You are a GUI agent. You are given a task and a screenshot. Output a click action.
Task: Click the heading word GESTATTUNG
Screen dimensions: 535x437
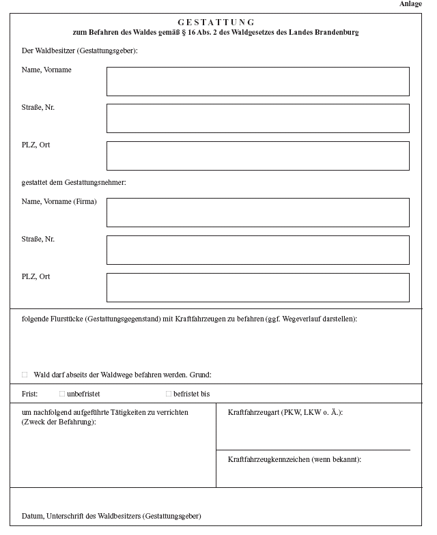[216, 23]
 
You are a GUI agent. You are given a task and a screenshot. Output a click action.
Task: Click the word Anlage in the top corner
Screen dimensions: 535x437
[410, 4]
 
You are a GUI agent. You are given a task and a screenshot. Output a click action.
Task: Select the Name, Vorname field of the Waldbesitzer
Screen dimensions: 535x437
[257, 81]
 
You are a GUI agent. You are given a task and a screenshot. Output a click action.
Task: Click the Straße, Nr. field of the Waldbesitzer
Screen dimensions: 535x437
[257, 118]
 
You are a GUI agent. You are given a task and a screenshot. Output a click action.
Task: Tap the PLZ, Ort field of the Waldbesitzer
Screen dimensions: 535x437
[257, 156]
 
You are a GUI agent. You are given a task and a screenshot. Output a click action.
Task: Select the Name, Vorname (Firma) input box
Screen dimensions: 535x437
[257, 212]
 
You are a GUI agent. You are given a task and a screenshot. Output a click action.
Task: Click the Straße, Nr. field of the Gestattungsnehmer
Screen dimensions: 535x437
[257, 250]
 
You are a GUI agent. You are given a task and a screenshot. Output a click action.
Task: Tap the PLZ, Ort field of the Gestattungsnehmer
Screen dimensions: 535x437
[257, 287]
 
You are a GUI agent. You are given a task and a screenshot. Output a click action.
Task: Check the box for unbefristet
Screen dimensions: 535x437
[62, 394]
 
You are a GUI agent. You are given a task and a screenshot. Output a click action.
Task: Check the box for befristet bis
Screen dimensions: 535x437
[169, 394]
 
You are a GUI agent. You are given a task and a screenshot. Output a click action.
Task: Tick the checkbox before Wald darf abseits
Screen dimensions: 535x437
[25, 375]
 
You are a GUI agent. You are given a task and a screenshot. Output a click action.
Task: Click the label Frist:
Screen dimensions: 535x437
[29, 394]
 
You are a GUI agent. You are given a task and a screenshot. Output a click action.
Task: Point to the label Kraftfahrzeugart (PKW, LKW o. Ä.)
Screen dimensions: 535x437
[285, 413]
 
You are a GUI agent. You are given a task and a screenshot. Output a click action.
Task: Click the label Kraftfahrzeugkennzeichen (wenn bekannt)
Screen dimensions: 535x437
[294, 459]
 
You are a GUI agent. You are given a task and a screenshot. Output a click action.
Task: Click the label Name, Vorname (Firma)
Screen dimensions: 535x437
[59, 202]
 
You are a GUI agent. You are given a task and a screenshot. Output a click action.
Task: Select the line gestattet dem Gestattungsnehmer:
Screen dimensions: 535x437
[74, 182]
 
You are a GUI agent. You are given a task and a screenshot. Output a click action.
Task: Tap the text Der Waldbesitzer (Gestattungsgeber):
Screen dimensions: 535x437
[80, 51]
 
